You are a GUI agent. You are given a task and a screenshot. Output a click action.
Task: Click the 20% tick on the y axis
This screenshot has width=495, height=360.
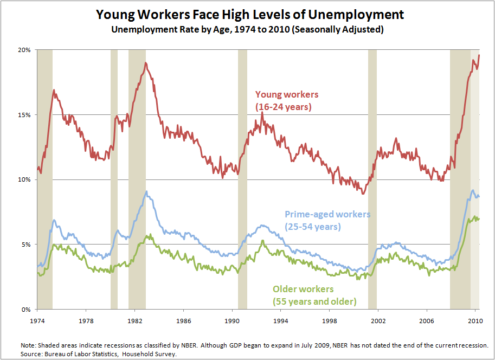pos(25,50)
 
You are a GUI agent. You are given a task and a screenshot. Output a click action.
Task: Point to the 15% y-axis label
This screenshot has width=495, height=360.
pos(25,115)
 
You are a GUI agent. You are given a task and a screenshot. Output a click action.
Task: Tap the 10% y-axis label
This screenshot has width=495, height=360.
pos(25,179)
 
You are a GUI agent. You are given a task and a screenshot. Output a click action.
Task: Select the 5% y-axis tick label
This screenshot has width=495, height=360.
pos(28,245)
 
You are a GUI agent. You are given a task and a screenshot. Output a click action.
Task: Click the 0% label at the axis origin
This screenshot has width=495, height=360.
pos(28,310)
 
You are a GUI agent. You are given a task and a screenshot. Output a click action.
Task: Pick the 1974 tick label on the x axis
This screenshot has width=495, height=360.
pos(37,320)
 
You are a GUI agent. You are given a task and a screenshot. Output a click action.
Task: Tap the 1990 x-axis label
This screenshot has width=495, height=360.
pos(232,320)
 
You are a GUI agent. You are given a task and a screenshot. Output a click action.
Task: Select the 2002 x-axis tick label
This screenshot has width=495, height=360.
pos(378,320)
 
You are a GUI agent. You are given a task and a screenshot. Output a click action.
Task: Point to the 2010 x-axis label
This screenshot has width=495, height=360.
pos(475,320)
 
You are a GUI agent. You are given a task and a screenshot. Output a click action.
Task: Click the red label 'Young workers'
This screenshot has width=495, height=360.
pos(287,95)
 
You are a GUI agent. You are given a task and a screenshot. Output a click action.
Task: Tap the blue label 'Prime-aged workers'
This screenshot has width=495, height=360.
pos(327,215)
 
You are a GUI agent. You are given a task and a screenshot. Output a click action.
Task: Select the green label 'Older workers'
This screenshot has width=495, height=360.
pos(303,289)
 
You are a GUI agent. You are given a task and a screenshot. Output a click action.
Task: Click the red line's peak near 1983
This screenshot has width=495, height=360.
pos(145,63)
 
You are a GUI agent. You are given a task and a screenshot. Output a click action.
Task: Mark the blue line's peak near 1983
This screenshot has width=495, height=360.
pos(146,191)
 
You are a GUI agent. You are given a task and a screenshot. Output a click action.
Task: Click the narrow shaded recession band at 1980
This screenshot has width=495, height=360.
pos(114,179)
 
